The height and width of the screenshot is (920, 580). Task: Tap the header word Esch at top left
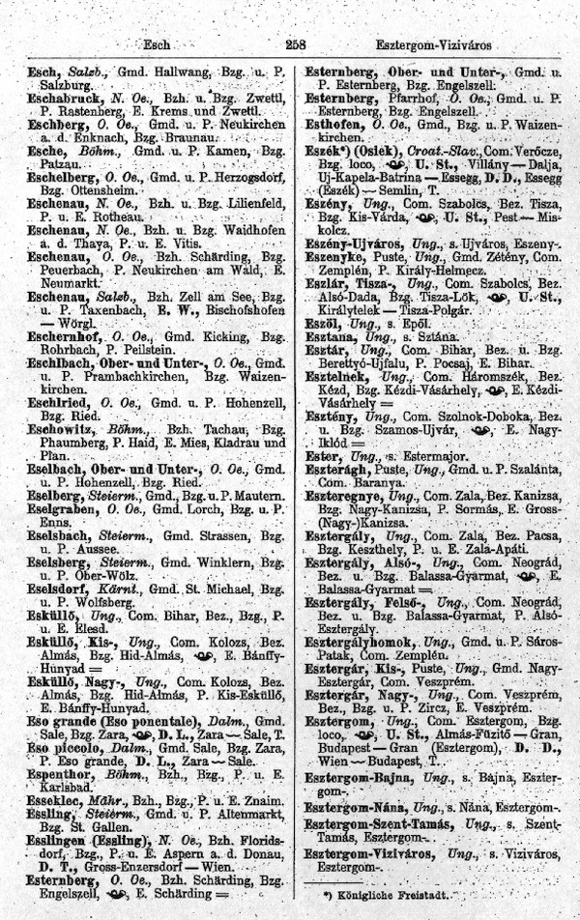click(x=155, y=44)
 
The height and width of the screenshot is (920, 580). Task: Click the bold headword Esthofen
click(x=333, y=126)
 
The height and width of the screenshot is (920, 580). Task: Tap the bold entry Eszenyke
click(x=333, y=274)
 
